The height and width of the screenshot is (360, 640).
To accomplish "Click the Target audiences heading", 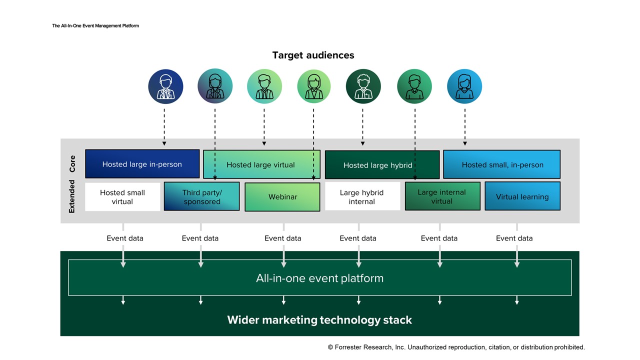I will [x=313, y=55].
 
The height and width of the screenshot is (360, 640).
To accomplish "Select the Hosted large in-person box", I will [x=142, y=164].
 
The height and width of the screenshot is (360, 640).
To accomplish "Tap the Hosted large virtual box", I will [x=261, y=164].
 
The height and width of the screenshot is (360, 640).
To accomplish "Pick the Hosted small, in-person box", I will [x=502, y=164].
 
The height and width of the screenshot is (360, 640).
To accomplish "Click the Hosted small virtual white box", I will [x=122, y=197].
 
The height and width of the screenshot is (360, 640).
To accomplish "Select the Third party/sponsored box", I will [x=201, y=196].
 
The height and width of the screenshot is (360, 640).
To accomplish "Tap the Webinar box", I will [x=282, y=197].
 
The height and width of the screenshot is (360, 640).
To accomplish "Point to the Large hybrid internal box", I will [x=362, y=196].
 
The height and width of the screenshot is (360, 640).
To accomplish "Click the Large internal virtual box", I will [x=442, y=196].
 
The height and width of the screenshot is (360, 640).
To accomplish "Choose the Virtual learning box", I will [x=522, y=196].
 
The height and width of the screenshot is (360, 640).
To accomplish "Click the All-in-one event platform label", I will [x=319, y=278].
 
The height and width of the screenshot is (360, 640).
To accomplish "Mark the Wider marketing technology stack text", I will [x=319, y=320].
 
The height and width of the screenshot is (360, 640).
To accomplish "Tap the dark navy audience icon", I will [x=165, y=86].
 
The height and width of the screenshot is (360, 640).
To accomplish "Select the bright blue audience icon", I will [x=464, y=86].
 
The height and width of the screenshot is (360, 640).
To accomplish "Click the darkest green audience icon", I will [x=363, y=86].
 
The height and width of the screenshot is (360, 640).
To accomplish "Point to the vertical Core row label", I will [x=72, y=164].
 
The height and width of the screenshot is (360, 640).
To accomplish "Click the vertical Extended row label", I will [x=72, y=197].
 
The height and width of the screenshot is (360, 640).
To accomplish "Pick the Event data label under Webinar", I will [x=283, y=238].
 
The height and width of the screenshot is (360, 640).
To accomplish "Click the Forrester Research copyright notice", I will [x=456, y=347].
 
